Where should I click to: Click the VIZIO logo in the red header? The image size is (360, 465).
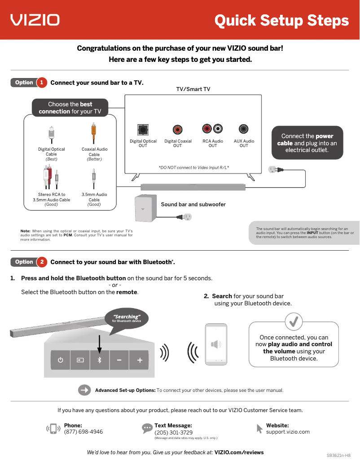[x=35, y=20]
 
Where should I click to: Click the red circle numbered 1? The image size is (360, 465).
[x=41, y=83]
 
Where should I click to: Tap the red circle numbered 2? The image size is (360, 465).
[x=41, y=262]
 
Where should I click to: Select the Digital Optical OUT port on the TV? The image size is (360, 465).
[x=143, y=130]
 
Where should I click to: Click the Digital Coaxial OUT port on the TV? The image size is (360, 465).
[x=178, y=130]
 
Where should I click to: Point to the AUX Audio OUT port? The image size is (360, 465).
[x=244, y=129]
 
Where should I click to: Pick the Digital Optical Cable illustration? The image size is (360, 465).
[x=51, y=134]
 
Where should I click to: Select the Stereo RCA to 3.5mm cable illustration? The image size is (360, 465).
[x=51, y=178]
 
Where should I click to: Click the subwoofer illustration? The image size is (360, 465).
[x=146, y=209]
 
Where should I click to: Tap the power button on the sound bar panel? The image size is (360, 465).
[x=60, y=360]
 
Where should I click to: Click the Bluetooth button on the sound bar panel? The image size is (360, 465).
[x=100, y=360]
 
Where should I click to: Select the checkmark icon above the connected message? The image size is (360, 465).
[x=294, y=322]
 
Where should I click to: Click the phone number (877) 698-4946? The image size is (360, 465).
[x=83, y=432]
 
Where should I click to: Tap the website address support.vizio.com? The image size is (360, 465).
[x=288, y=432]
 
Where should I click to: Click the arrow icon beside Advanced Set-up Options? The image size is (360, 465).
[x=84, y=390]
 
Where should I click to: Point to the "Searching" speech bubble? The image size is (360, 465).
[x=127, y=318]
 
